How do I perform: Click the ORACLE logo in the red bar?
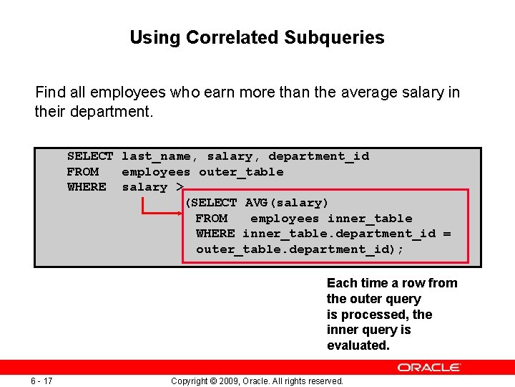(x=429, y=367)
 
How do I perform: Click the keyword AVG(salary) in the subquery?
(x=287, y=203)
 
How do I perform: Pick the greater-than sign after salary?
(x=180, y=187)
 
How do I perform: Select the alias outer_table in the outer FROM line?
(x=241, y=172)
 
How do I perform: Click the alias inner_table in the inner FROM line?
(x=370, y=219)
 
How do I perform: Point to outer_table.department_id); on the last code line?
(x=300, y=249)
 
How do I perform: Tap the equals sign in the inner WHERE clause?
(x=447, y=234)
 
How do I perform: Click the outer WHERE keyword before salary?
(x=87, y=187)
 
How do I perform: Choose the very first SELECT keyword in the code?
(x=90, y=156)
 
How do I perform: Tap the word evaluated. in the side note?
(x=358, y=345)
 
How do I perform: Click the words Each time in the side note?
(x=355, y=283)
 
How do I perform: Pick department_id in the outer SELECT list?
(x=318, y=156)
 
